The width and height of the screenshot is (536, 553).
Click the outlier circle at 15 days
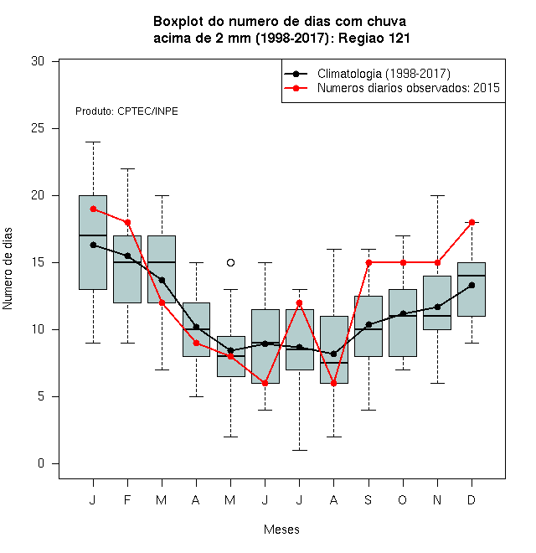coord(230,263)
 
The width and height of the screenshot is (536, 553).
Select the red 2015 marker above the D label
coord(472,223)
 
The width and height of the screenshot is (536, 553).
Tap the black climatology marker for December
coord(472,286)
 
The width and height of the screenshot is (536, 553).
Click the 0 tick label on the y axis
coord(41,463)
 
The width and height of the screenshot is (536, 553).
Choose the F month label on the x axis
coord(127,499)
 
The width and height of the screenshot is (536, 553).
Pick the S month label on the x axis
coord(368,499)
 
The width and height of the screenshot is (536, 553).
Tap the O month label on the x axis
coord(403,499)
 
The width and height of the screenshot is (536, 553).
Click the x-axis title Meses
coord(281,530)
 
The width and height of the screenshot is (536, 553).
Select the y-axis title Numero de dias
coord(8,269)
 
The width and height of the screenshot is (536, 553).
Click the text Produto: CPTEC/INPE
coord(126,111)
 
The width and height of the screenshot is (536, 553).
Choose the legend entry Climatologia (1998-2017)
coord(367,74)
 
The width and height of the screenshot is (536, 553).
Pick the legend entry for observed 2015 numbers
coord(392,88)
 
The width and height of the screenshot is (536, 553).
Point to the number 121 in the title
coord(399,38)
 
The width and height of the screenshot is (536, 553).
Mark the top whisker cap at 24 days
coord(93,142)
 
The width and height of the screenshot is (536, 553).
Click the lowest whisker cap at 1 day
coord(299,451)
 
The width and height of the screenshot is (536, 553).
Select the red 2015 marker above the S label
coord(368,263)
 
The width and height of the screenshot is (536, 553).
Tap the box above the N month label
coord(437,303)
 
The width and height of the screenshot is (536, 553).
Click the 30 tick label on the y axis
coord(38,61)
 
